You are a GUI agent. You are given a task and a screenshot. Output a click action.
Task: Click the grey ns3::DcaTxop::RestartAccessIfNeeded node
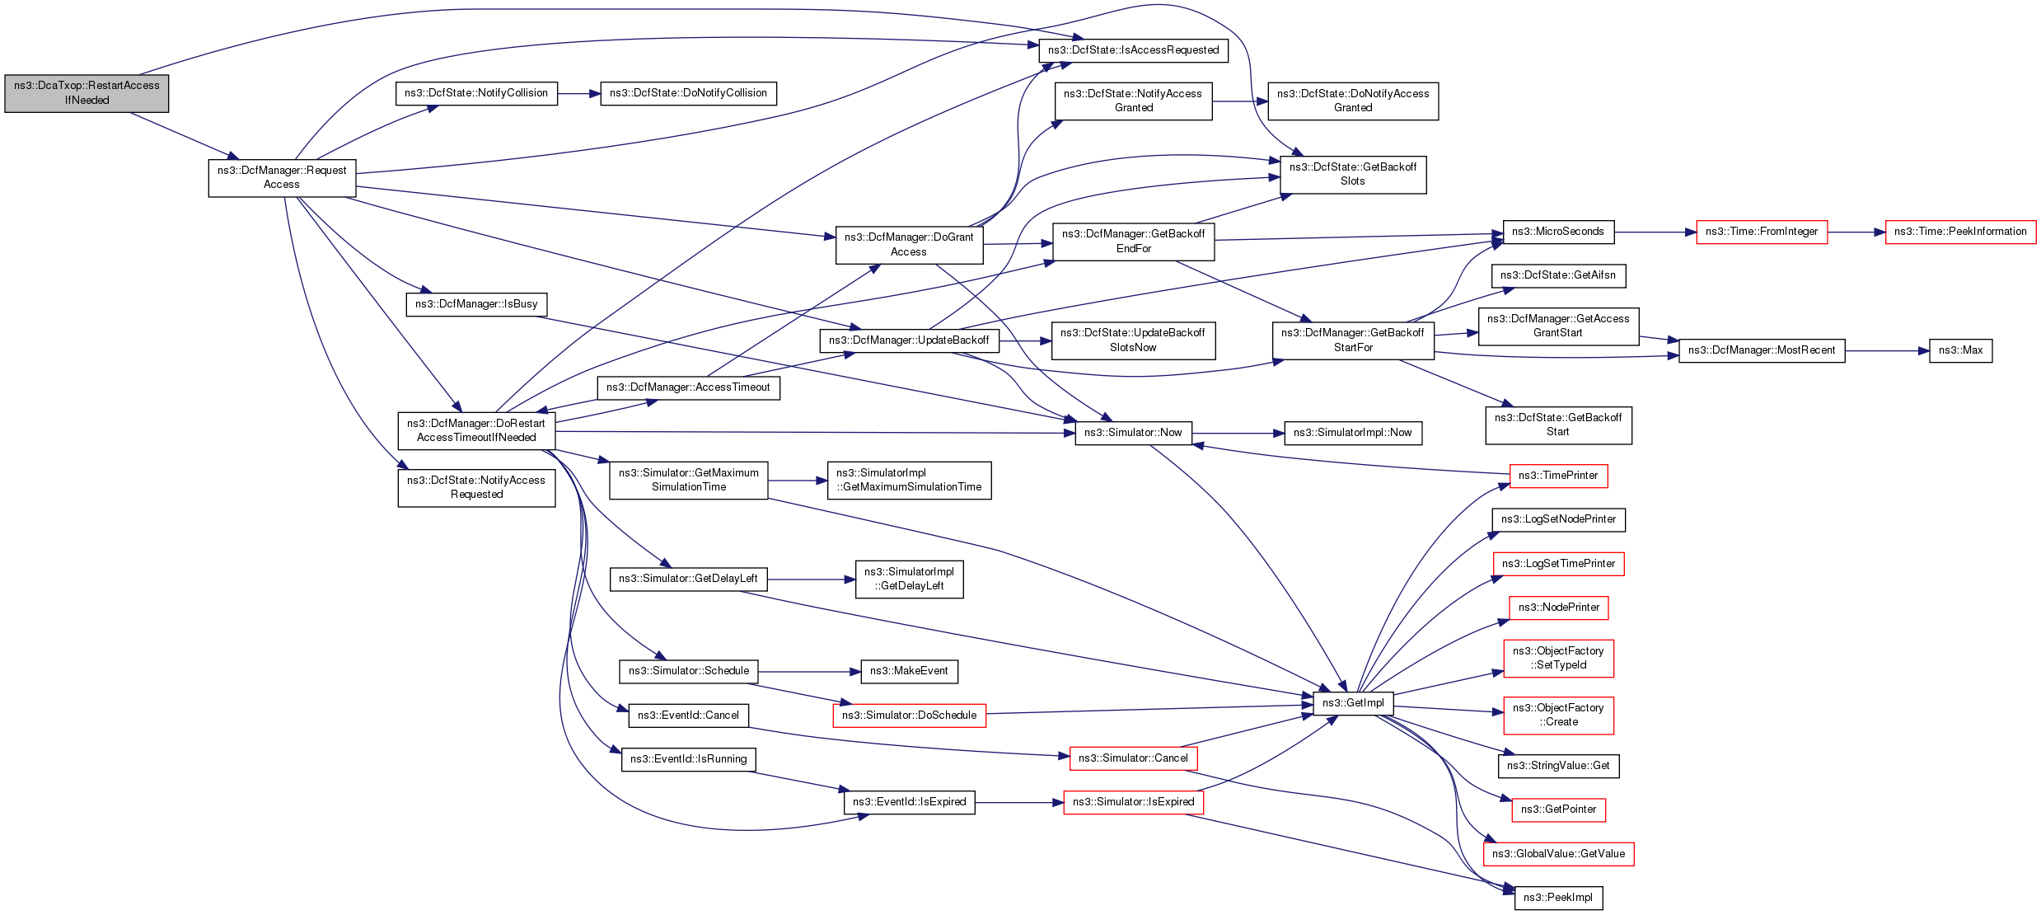pos(87,93)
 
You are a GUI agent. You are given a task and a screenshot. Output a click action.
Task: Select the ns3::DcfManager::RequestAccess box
pos(282,177)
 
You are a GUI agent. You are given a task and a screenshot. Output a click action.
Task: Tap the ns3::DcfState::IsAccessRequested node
pos(1133,50)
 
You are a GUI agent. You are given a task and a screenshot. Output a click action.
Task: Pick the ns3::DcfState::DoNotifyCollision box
pos(688,93)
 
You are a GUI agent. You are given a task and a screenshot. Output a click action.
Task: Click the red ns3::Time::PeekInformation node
pos(1959,232)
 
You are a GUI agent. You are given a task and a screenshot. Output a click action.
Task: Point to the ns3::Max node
pos(1960,350)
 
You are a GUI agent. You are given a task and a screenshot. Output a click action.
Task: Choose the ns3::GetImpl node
pos(1353,703)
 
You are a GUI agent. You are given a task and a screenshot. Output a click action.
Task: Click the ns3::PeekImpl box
pos(1557,898)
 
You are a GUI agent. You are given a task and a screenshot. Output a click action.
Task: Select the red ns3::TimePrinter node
pos(1557,476)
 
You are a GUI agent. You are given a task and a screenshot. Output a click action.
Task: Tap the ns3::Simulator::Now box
pos(1133,433)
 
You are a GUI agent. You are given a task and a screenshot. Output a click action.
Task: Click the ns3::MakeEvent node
pos(909,671)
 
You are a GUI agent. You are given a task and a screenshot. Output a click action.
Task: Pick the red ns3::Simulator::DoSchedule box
pos(909,716)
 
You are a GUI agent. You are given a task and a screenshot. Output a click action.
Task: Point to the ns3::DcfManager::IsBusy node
pos(476,304)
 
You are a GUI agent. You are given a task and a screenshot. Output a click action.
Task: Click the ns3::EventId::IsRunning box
pos(688,759)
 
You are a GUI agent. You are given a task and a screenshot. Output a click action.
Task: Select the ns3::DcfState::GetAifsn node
pos(1557,275)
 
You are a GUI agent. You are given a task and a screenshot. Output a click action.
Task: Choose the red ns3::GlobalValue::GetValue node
pos(1557,854)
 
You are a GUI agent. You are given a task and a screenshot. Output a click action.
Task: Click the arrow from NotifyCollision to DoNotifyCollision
pos(579,94)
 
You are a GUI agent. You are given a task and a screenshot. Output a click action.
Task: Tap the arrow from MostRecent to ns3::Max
pos(1887,351)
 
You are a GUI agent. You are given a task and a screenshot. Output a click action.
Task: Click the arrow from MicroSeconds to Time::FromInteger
pos(1655,232)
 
